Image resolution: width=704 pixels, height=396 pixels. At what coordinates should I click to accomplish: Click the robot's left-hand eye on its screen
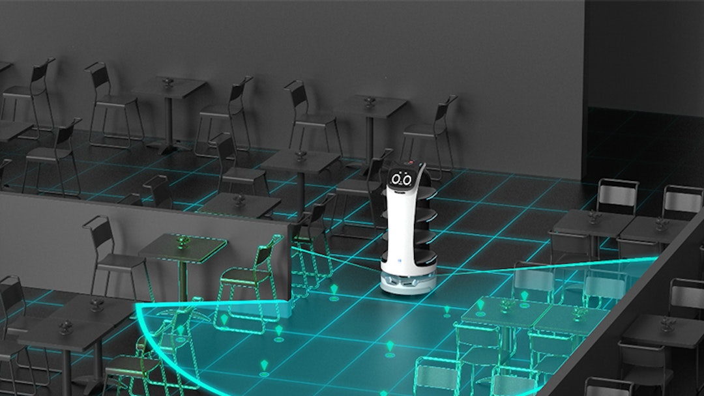[396, 178]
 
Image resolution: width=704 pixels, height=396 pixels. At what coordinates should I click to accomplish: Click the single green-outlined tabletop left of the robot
[183, 247]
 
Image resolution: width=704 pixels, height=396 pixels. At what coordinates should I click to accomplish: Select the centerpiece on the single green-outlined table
[183, 240]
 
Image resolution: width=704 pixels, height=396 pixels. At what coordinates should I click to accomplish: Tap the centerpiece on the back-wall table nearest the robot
[370, 102]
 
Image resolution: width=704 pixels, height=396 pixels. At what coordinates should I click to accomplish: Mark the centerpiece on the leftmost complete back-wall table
[169, 83]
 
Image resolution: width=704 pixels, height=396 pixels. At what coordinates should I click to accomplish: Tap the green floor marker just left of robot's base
[334, 289]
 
